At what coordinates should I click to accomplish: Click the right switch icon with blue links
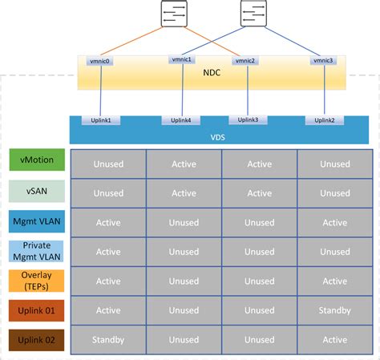[253, 14]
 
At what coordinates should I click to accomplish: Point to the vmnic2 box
[244, 61]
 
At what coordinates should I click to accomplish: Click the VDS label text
[217, 136]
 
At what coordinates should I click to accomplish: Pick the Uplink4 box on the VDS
[181, 120]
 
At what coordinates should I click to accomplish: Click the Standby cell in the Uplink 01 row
[334, 309]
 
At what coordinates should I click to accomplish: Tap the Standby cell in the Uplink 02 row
[108, 339]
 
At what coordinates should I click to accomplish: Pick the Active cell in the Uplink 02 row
[334, 339]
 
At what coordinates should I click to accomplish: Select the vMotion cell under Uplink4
[184, 164]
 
